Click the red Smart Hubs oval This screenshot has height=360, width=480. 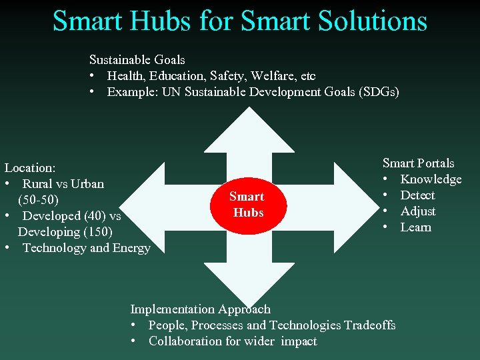tap(247, 205)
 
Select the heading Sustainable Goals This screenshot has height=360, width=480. tap(137, 59)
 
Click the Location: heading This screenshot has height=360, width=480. tap(29, 168)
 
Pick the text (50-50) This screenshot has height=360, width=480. tap(38, 200)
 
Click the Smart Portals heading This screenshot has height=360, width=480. tap(418, 163)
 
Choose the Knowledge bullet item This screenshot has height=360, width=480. tap(431, 179)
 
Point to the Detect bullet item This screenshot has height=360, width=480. tap(417, 195)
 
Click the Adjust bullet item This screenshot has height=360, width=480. tap(418, 211)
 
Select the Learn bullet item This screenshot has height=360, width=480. tap(415, 227)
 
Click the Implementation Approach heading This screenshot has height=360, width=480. tap(200, 309)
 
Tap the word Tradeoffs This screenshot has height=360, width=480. tap(369, 325)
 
